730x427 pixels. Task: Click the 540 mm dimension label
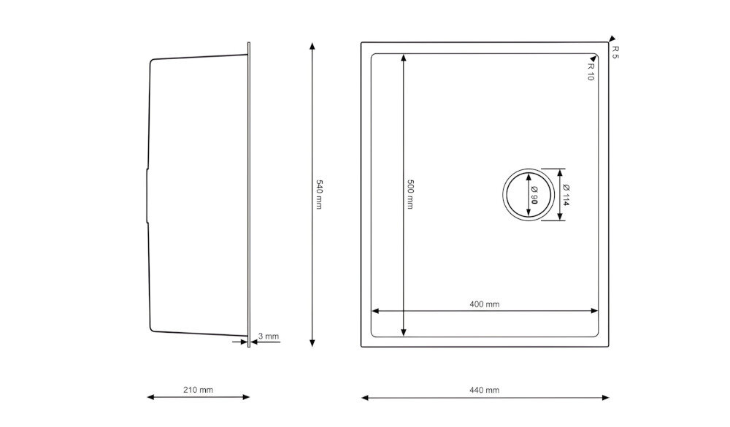pyautogui.click(x=319, y=194)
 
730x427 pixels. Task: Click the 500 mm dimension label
pyautogui.click(x=410, y=194)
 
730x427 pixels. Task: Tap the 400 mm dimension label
pyautogui.click(x=484, y=304)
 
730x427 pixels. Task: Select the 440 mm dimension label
pyautogui.click(x=484, y=390)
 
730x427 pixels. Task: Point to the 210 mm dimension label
pyautogui.click(x=198, y=390)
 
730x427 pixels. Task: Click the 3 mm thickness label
pyautogui.click(x=269, y=336)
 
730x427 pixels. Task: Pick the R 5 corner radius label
pyautogui.click(x=615, y=52)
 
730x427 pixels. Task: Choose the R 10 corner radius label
pyautogui.click(x=591, y=72)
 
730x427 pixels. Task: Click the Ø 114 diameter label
pyautogui.click(x=566, y=195)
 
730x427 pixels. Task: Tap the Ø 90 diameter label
pyautogui.click(x=534, y=195)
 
